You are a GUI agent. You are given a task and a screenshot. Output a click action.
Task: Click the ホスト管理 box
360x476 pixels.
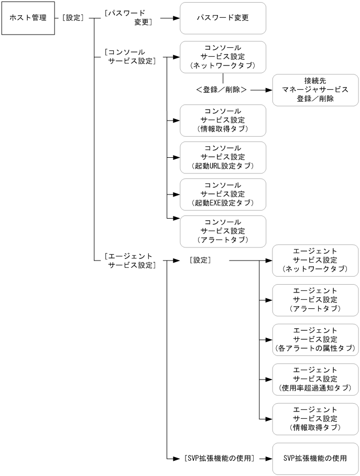24,18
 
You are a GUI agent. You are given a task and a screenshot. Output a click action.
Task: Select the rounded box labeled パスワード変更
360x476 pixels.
223,18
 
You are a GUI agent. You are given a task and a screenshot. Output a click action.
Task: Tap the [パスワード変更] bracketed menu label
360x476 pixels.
128,18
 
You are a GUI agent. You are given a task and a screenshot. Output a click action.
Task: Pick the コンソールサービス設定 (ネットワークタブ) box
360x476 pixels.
223,57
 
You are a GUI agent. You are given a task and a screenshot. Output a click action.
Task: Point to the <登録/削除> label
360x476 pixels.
221,90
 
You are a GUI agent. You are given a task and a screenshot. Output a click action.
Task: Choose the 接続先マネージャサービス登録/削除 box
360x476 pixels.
315,90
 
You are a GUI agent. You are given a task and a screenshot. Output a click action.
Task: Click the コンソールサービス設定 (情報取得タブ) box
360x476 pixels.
223,120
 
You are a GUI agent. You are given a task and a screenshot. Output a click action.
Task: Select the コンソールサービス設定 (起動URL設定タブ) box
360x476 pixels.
223,157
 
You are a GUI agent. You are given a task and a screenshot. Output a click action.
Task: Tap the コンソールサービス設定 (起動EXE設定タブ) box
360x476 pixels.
223,194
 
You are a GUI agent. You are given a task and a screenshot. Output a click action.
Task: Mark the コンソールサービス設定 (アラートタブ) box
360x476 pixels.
223,231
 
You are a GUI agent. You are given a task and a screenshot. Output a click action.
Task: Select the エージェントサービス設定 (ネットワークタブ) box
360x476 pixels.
315,261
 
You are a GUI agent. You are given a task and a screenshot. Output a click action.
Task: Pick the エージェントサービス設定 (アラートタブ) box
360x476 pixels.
315,300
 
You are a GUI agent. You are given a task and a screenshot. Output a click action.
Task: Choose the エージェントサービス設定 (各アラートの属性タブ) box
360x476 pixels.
315,340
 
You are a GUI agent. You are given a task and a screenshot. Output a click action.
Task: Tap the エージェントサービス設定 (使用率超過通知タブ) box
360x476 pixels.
315,379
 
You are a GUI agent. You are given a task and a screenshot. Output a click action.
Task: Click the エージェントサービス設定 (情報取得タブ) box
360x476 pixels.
315,419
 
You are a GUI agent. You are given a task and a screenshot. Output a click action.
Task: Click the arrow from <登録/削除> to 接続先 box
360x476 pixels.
261,90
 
